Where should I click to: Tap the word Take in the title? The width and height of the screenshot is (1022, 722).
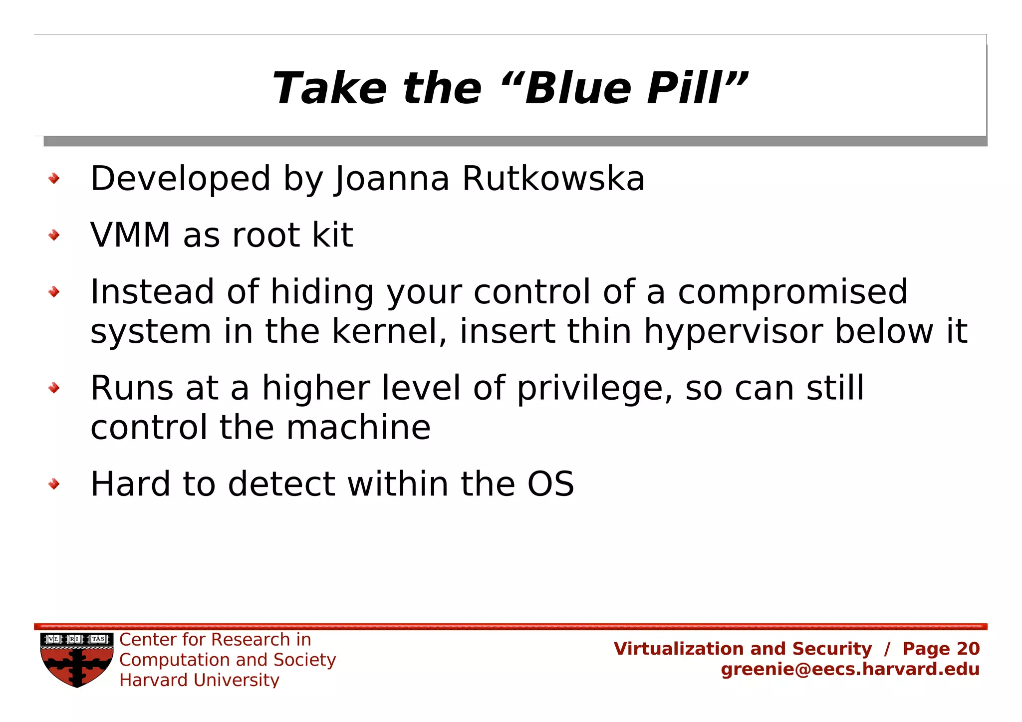point(329,88)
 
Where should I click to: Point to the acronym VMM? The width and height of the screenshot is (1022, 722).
point(130,235)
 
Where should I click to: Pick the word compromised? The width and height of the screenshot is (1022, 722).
point(792,292)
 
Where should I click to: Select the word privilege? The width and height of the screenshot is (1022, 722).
point(594,389)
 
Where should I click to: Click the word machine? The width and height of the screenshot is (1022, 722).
point(358,428)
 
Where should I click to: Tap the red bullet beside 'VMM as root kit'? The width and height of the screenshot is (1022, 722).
point(54,235)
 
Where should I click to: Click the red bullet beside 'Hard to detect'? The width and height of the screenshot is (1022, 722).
point(54,484)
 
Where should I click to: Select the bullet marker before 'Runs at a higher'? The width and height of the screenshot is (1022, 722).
point(54,388)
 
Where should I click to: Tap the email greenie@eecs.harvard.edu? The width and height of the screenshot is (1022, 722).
point(850,669)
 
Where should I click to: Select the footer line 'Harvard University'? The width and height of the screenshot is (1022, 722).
point(199,680)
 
